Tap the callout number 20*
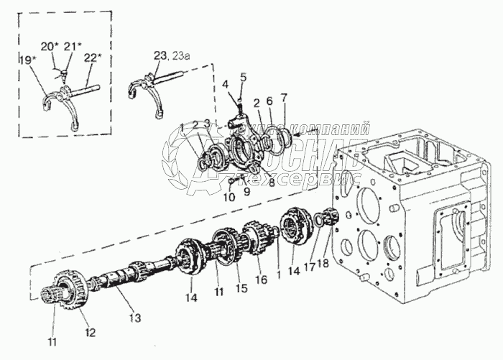click(x=50, y=46)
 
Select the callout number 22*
click(x=91, y=58)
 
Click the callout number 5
click(x=243, y=76)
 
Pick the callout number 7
click(x=284, y=96)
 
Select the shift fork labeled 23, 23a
click(x=149, y=92)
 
